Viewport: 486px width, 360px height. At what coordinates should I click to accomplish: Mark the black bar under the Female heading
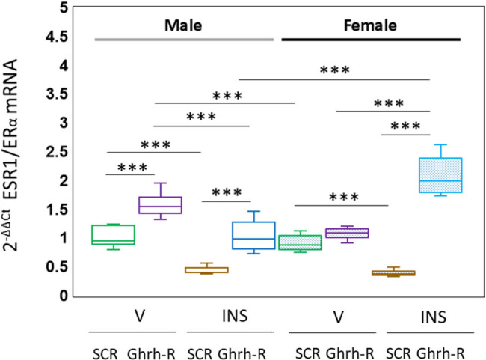click(371, 38)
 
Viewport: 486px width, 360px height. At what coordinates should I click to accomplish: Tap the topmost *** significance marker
click(334, 70)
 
